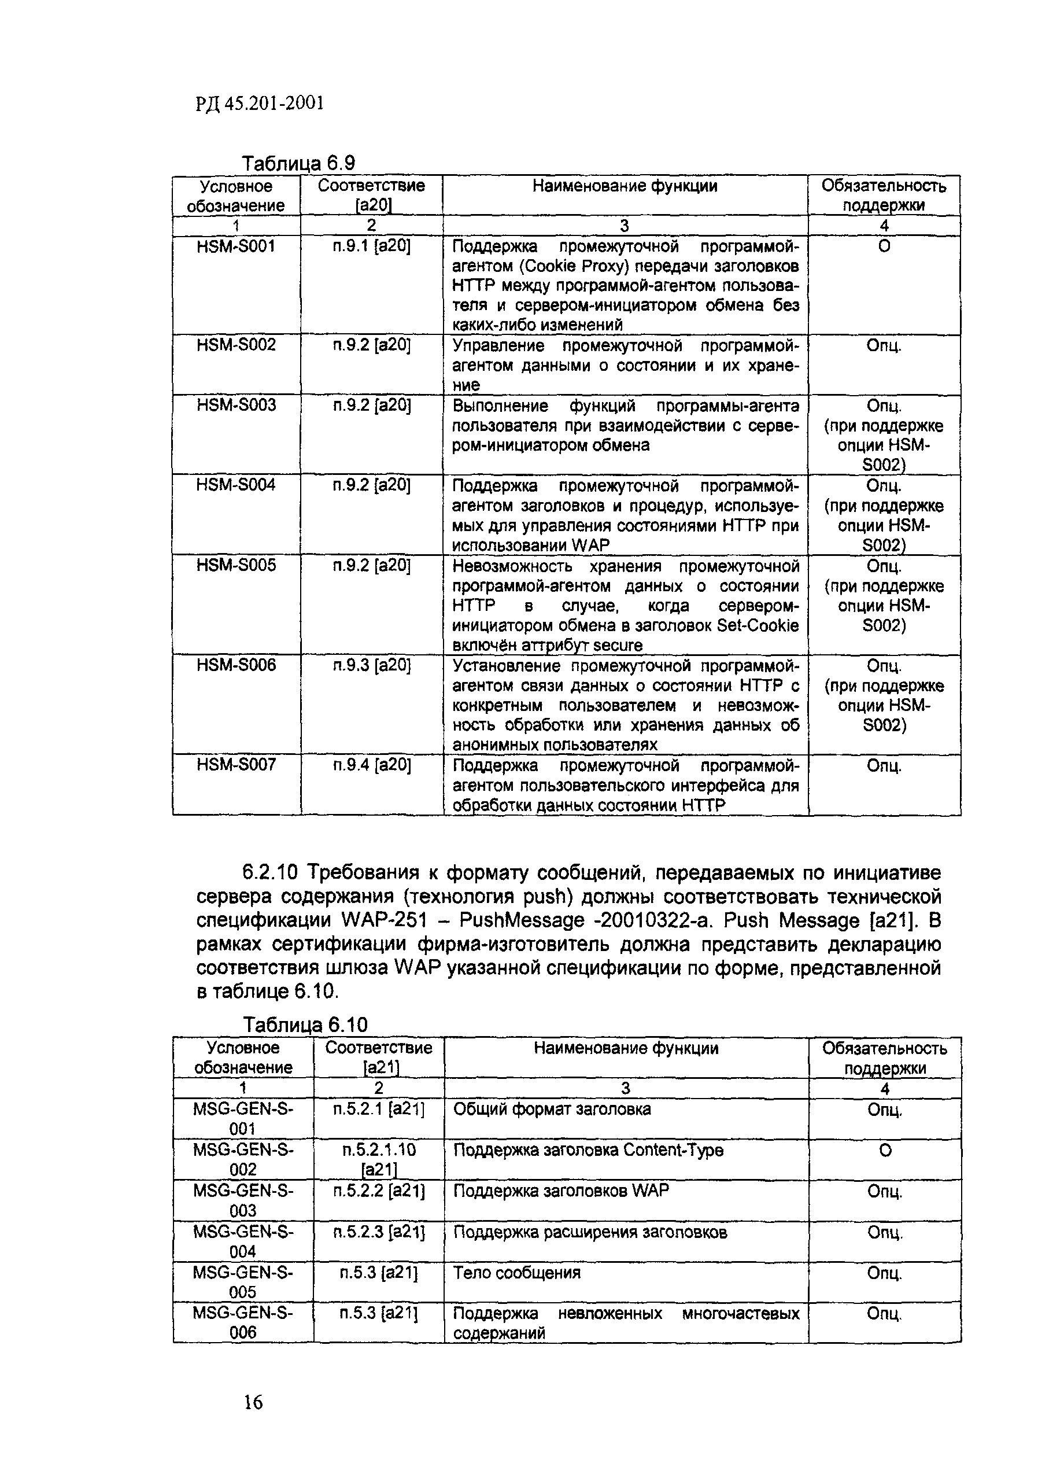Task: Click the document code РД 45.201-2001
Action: [x=260, y=103]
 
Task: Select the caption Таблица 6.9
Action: [x=298, y=164]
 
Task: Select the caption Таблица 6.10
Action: [x=305, y=1025]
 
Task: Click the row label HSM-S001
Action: [x=236, y=246]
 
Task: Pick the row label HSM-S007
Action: [x=236, y=764]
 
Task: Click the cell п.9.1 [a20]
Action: [x=371, y=246]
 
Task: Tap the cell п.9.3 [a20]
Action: [x=371, y=665]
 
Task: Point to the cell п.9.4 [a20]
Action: [x=371, y=764]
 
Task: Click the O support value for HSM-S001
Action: [x=884, y=246]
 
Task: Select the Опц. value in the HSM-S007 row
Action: [x=884, y=765]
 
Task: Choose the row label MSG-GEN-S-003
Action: [x=243, y=1200]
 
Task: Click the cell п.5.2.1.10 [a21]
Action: [x=378, y=1159]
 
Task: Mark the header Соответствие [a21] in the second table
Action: [x=378, y=1057]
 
